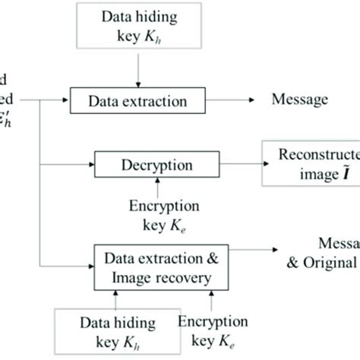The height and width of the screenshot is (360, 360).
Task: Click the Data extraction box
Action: [139, 100]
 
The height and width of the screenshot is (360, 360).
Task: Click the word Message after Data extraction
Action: [298, 99]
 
